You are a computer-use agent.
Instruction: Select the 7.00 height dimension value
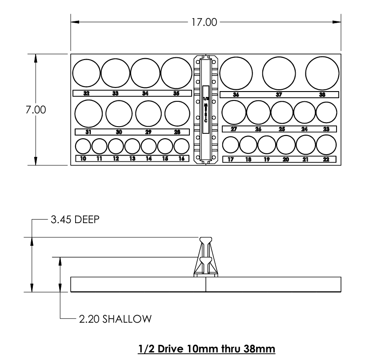coord(35,110)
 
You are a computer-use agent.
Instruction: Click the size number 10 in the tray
coord(83,158)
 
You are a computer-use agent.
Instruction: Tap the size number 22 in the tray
coord(326,159)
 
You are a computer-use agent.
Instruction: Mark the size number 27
coord(234,129)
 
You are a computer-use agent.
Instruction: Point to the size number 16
coord(181,158)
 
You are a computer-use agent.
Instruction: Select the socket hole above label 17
coord(231,145)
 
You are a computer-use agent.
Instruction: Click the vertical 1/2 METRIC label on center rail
coord(205,109)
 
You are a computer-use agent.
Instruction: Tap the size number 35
coord(176,93)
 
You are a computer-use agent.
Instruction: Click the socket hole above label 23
coord(326,112)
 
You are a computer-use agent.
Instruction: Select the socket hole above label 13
coord(132,146)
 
